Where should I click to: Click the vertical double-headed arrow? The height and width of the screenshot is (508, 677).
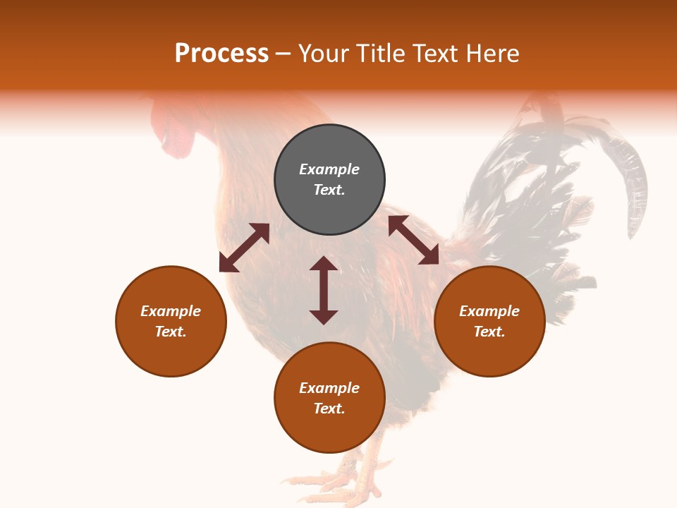coord(324,290)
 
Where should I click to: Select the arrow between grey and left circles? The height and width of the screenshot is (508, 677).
coord(244,248)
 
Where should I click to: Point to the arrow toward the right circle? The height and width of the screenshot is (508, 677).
coord(413,240)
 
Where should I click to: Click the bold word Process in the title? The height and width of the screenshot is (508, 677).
coord(221,54)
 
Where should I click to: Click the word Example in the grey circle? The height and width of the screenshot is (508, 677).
coord(329,169)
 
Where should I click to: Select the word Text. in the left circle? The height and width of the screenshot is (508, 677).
coord(171,332)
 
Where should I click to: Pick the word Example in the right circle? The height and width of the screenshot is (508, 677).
coord(489,311)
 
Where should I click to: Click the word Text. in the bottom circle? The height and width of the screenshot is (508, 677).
coord(329,409)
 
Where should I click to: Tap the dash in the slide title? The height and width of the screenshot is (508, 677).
coord(283,54)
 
